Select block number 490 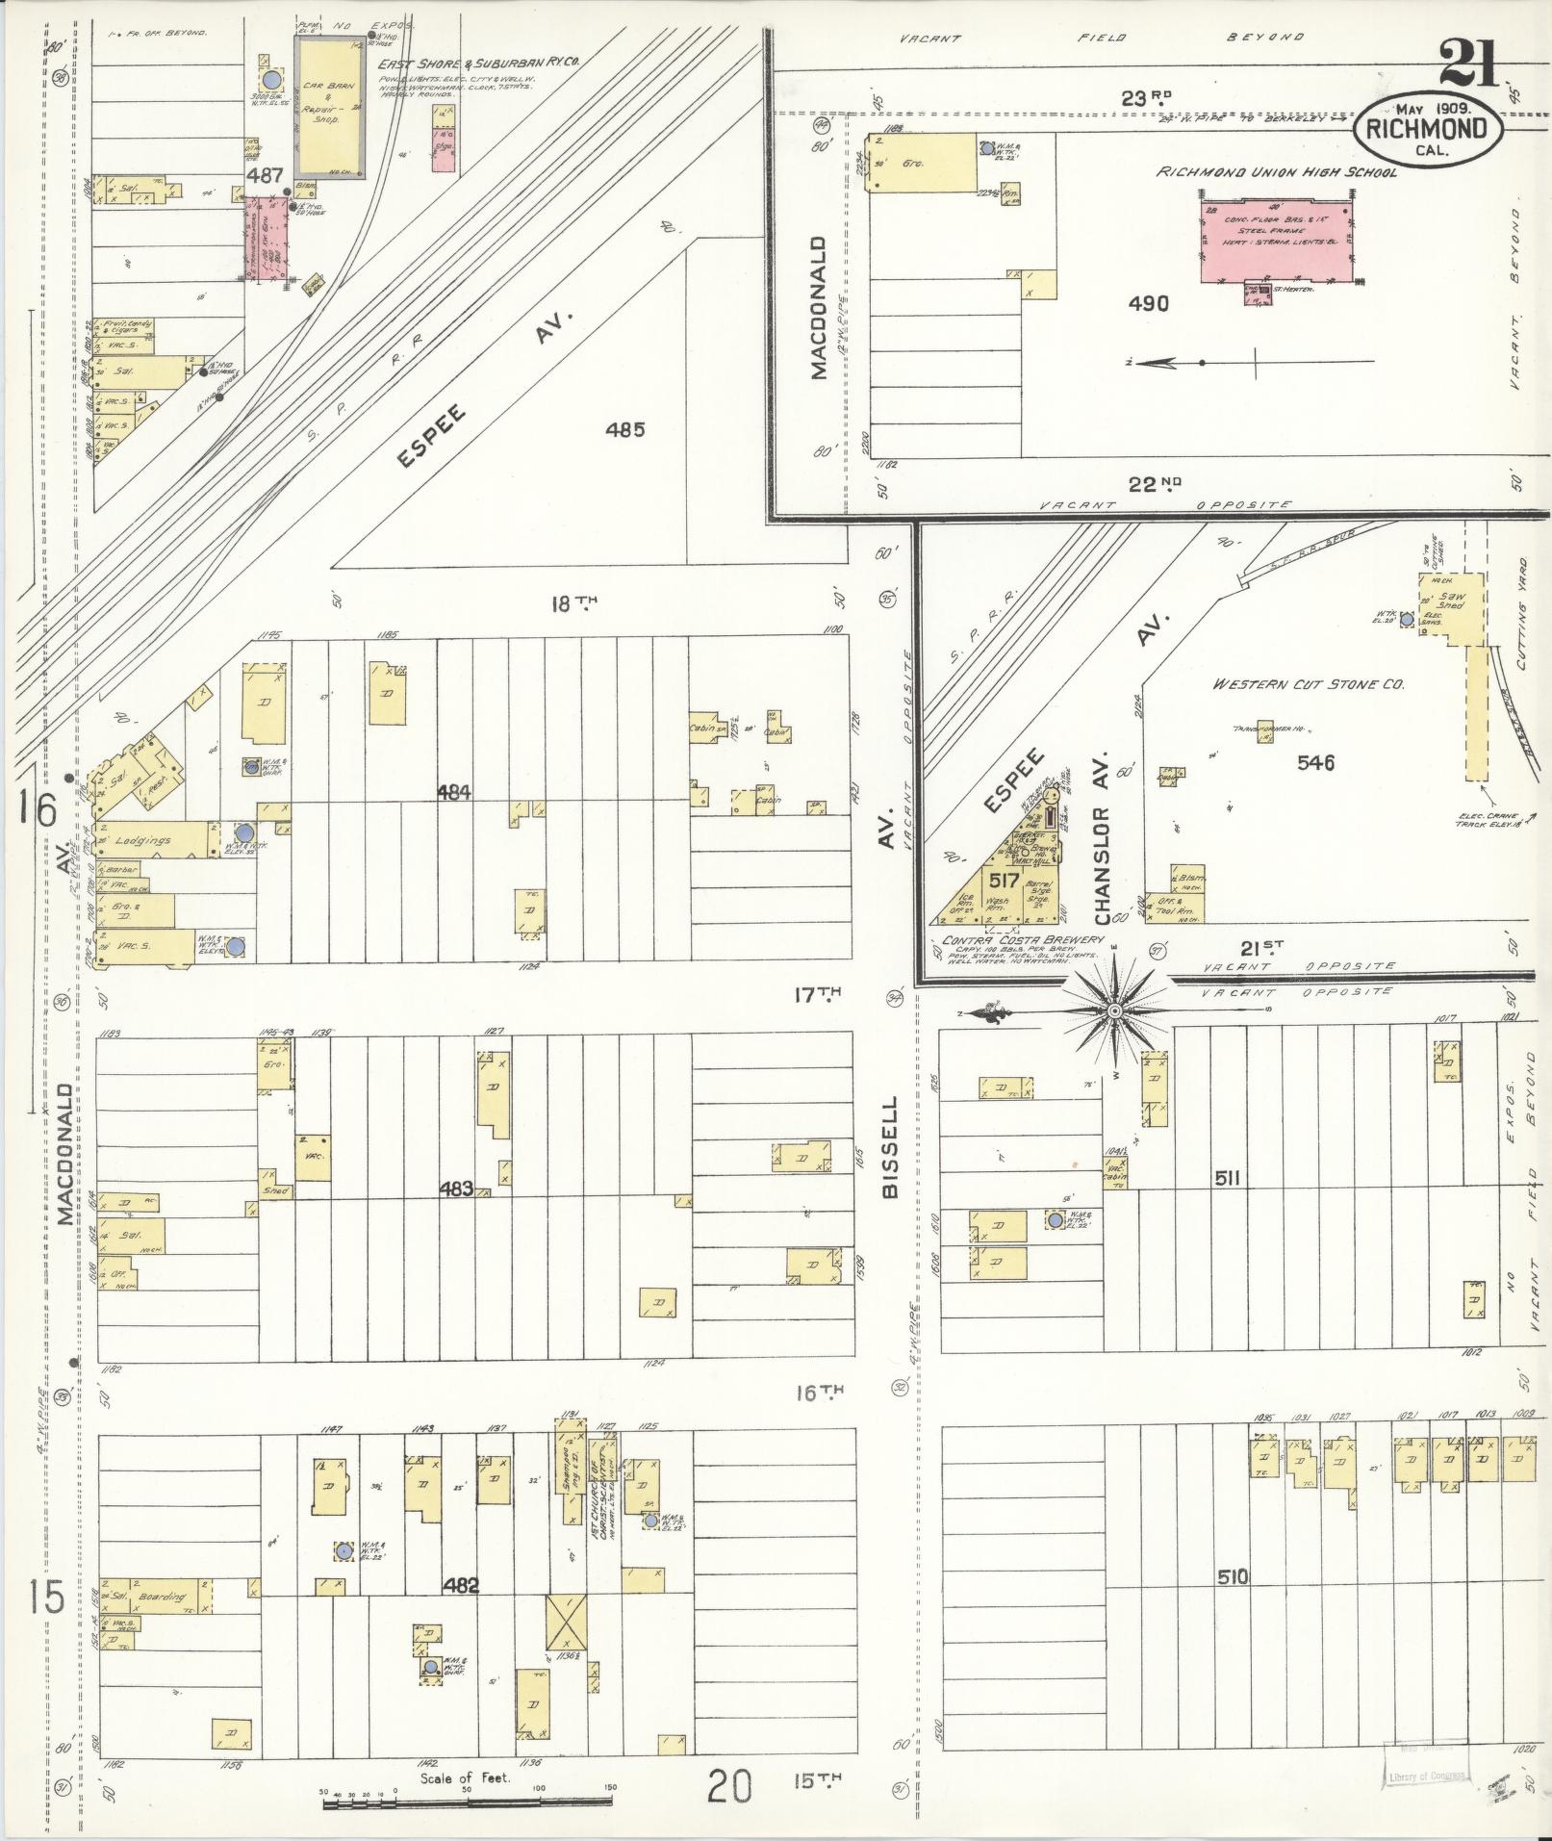(1149, 304)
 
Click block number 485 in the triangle (624, 429)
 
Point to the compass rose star (1114, 1010)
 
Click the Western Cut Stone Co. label (1308, 684)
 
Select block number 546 (1315, 763)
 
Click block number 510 (1233, 1576)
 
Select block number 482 (461, 1585)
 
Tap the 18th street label (573, 603)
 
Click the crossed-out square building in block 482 (568, 1622)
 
